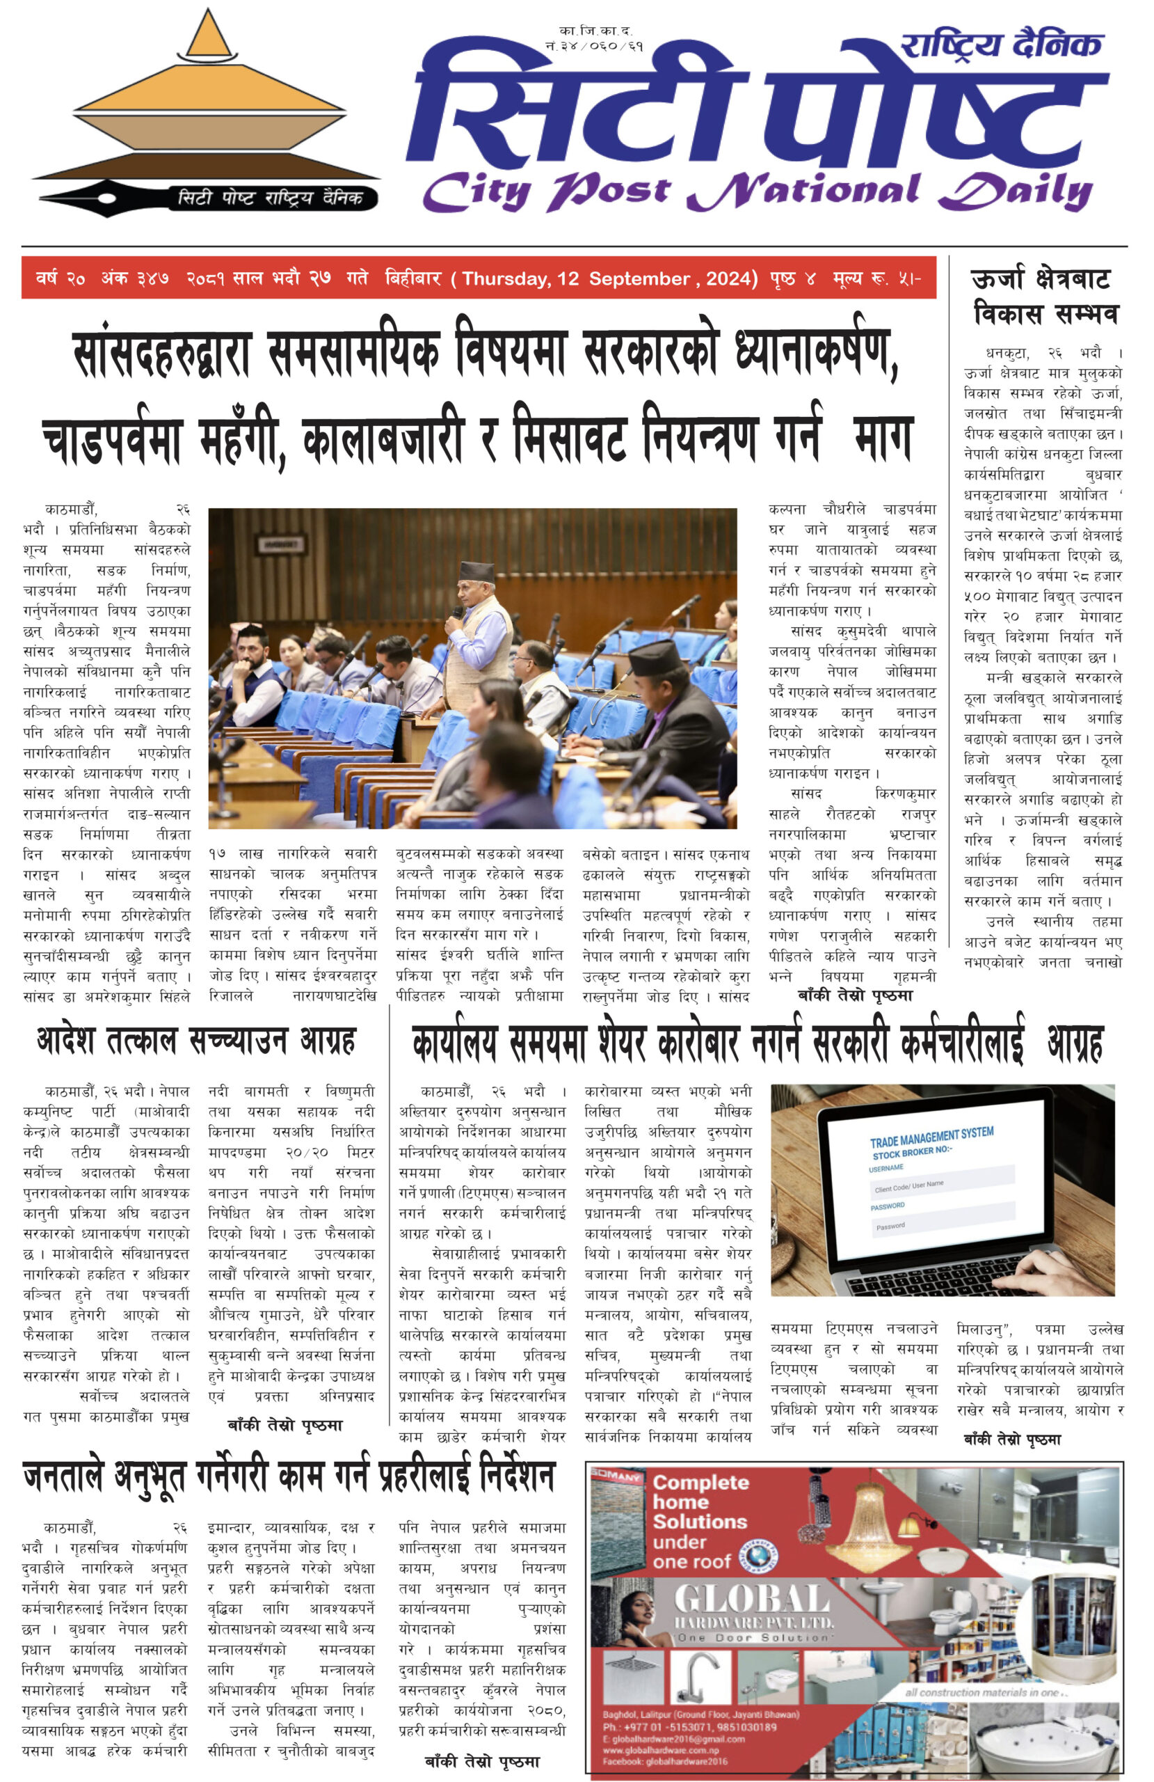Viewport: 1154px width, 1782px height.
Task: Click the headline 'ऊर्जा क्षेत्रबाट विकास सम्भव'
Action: pyautogui.click(x=1045, y=296)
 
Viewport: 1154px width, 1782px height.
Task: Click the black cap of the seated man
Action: pyautogui.click(x=655, y=657)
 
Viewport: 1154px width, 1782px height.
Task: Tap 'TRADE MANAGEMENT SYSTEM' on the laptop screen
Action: pyautogui.click(x=931, y=1137)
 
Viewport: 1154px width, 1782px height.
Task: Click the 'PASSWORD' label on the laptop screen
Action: pyautogui.click(x=888, y=1206)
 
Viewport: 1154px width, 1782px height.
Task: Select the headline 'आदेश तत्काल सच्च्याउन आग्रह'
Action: pyautogui.click(x=196, y=1041)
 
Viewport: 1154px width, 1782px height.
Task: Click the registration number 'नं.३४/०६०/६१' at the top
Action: pyautogui.click(x=594, y=46)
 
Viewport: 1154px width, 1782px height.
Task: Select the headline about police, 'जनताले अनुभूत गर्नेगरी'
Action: pyautogui.click(x=289, y=1477)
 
